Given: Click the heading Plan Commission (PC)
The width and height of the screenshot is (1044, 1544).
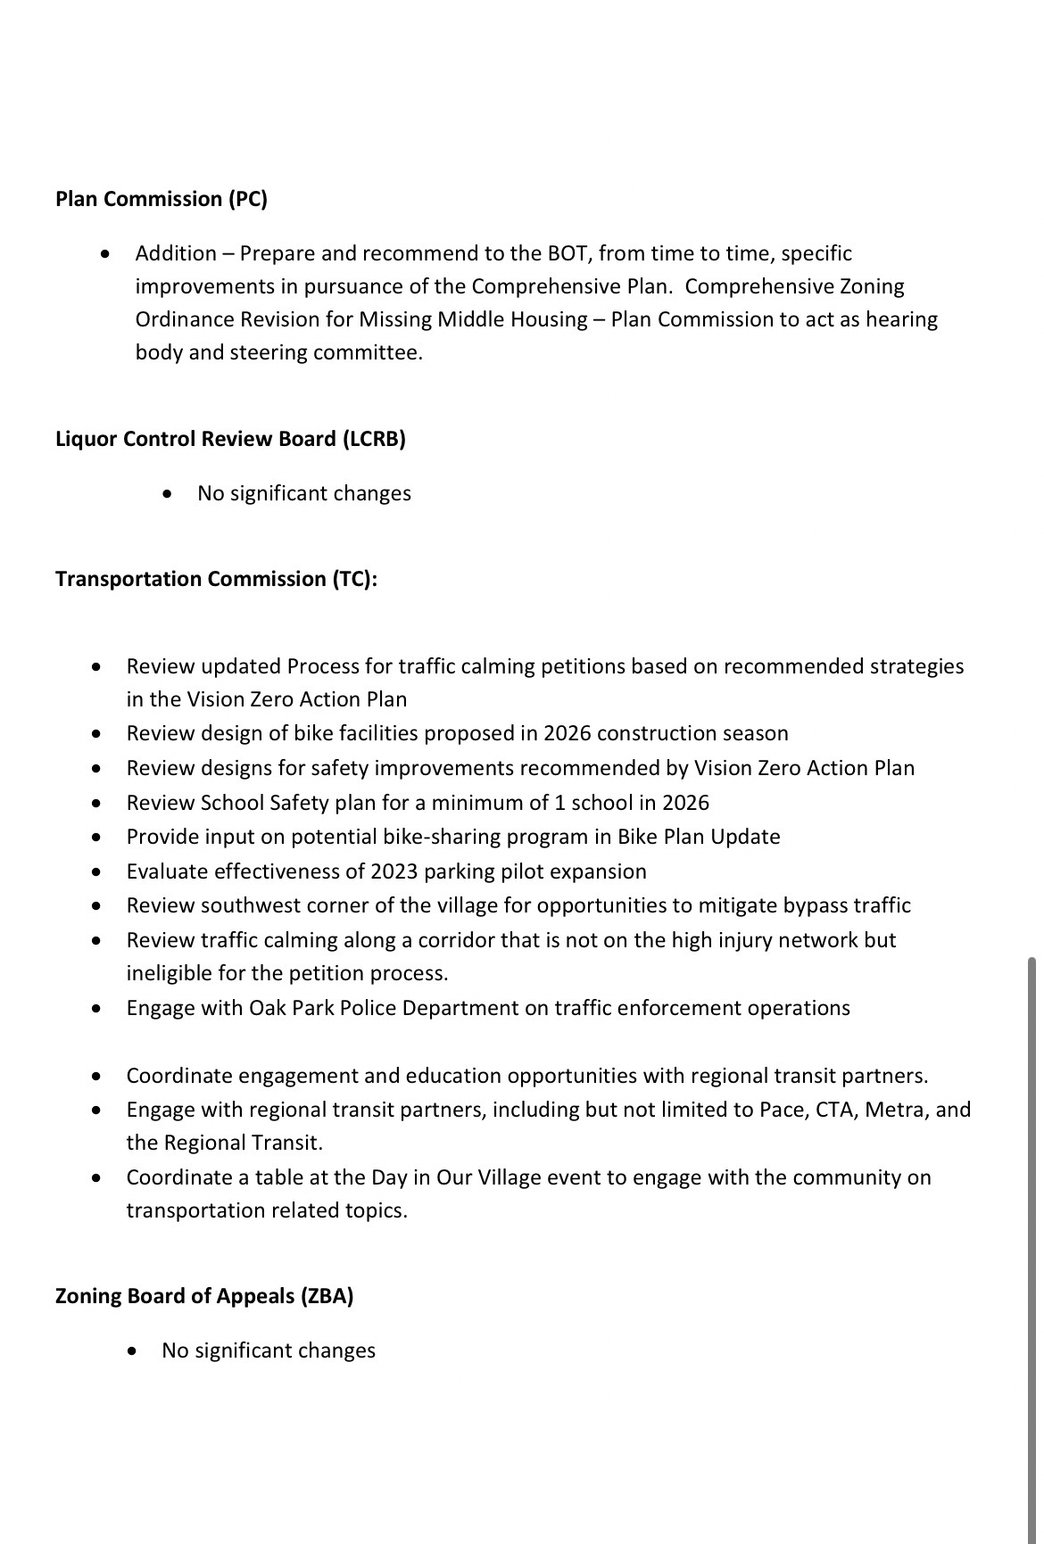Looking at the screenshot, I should click(x=162, y=199).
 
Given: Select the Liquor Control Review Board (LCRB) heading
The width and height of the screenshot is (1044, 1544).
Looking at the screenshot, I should click(x=230, y=439).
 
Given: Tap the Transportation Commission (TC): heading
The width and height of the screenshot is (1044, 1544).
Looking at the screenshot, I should click(x=217, y=579).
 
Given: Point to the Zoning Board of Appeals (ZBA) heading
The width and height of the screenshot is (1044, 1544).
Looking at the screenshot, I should click(x=204, y=1296).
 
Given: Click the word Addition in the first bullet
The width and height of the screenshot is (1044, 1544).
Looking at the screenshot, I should click(x=176, y=253).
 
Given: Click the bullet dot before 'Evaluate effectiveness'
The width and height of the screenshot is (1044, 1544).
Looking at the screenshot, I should click(x=96, y=871).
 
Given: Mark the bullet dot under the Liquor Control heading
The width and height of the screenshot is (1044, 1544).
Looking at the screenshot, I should click(x=168, y=493).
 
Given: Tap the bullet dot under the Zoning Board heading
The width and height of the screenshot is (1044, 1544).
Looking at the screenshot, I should click(x=132, y=1350).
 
